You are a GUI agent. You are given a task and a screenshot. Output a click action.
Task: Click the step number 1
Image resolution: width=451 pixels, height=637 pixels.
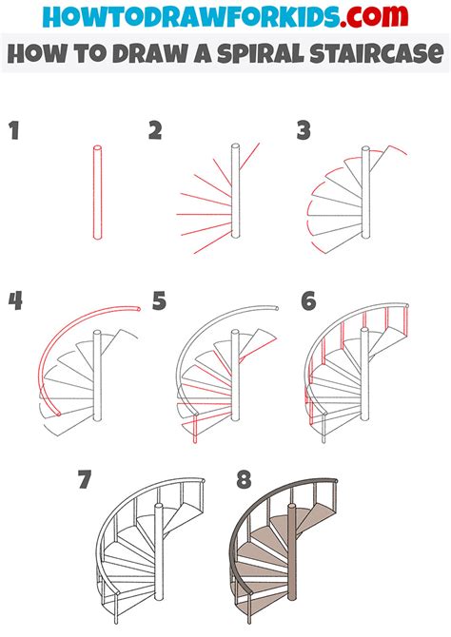(x=14, y=132)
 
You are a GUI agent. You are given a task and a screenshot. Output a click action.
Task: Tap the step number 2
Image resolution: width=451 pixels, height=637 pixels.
(x=156, y=132)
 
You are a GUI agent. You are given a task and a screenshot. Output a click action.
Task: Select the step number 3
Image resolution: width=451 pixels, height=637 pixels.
(x=304, y=132)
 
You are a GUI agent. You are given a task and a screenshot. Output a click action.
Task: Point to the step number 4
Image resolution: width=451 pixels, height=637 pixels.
(x=14, y=302)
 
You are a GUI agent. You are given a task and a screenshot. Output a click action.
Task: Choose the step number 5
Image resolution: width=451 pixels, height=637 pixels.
(x=159, y=302)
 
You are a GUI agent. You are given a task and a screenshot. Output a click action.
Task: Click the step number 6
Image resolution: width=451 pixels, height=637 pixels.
(x=308, y=302)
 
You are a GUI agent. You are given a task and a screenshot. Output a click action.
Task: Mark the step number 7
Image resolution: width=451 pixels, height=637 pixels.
(x=85, y=478)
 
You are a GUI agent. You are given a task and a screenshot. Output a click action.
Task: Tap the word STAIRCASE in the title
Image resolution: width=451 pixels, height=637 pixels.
(x=377, y=53)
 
